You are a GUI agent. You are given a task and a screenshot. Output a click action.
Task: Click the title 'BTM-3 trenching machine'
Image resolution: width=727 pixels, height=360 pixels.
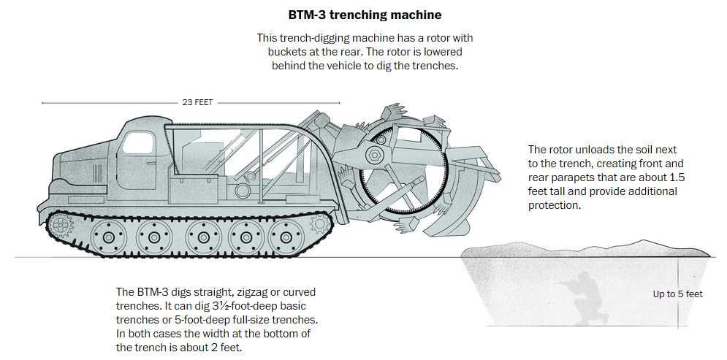click(x=362, y=14)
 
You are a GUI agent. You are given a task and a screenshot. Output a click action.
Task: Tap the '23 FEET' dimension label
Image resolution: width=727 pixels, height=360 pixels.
click(x=197, y=103)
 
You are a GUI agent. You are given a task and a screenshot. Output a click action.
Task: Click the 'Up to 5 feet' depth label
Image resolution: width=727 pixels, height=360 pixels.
click(x=677, y=294)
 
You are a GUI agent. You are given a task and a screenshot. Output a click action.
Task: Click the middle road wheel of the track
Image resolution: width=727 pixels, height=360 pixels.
click(x=199, y=238)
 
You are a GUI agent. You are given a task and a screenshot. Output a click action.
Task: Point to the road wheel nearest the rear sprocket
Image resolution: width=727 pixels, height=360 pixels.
click(x=281, y=238)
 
